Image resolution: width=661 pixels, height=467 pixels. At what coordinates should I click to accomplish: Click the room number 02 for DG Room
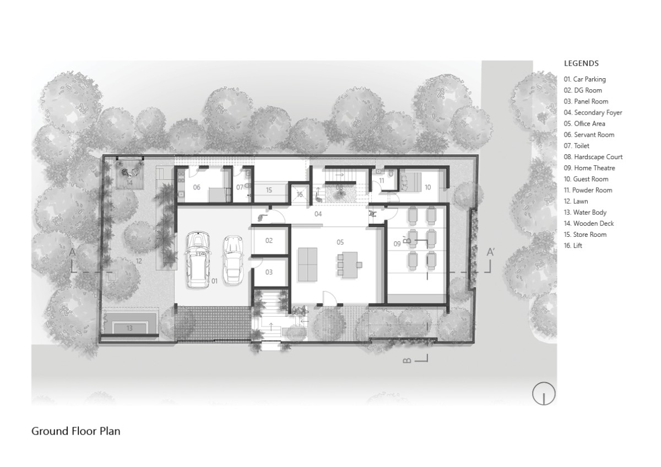pyautogui.click(x=269, y=241)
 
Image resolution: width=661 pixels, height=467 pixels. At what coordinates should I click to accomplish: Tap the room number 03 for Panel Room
pyautogui.click(x=269, y=272)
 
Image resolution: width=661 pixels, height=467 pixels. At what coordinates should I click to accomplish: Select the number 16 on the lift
pyautogui.click(x=300, y=194)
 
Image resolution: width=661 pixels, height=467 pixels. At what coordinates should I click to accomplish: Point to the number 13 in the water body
pyautogui.click(x=129, y=328)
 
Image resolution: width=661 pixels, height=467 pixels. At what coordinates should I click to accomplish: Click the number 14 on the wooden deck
pyautogui.click(x=129, y=183)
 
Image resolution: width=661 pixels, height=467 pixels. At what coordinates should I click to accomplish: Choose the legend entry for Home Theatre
pyautogui.click(x=589, y=168)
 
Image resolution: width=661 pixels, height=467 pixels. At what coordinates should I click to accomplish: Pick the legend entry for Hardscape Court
pyautogui.click(x=593, y=157)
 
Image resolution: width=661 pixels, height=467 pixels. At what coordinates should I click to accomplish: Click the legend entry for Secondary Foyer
pyautogui.click(x=593, y=113)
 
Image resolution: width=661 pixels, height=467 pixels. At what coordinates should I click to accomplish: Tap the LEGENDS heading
pyautogui.click(x=581, y=63)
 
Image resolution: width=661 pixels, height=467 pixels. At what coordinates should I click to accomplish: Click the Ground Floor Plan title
pyautogui.click(x=76, y=431)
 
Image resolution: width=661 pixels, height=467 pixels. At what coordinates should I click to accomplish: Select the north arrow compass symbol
pyautogui.click(x=544, y=394)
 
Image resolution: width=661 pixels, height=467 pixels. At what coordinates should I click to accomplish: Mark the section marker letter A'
pyautogui.click(x=490, y=252)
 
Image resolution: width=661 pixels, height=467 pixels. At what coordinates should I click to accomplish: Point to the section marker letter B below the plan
pyautogui.click(x=407, y=361)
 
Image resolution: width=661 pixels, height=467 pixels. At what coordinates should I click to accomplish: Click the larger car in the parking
pyautogui.click(x=198, y=260)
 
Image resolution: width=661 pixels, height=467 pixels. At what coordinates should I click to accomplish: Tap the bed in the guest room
pyautogui.click(x=410, y=182)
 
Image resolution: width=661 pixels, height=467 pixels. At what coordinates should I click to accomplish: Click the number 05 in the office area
pyautogui.click(x=340, y=242)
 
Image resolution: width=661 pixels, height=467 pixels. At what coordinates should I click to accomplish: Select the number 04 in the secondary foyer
pyautogui.click(x=318, y=214)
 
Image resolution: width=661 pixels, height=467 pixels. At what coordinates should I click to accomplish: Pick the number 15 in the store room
pyautogui.click(x=269, y=191)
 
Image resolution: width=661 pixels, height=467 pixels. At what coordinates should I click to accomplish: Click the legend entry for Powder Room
pyautogui.click(x=588, y=191)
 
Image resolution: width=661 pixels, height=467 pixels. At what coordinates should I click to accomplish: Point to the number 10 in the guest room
pyautogui.click(x=427, y=187)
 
